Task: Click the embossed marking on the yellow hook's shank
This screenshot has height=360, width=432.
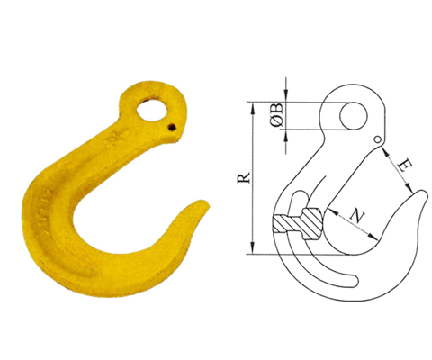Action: tap(113, 144)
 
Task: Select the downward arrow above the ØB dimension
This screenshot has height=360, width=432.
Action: tap(286, 96)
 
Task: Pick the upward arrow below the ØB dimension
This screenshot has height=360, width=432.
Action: tap(286, 134)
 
